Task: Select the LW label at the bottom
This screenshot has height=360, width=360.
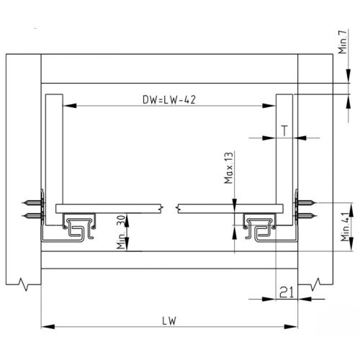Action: (170, 320)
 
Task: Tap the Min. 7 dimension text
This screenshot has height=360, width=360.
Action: (342, 47)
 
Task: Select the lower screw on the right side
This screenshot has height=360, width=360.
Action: (306, 215)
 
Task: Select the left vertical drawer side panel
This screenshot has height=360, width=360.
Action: (52, 151)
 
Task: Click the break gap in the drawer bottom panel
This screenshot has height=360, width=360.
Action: (170, 209)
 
